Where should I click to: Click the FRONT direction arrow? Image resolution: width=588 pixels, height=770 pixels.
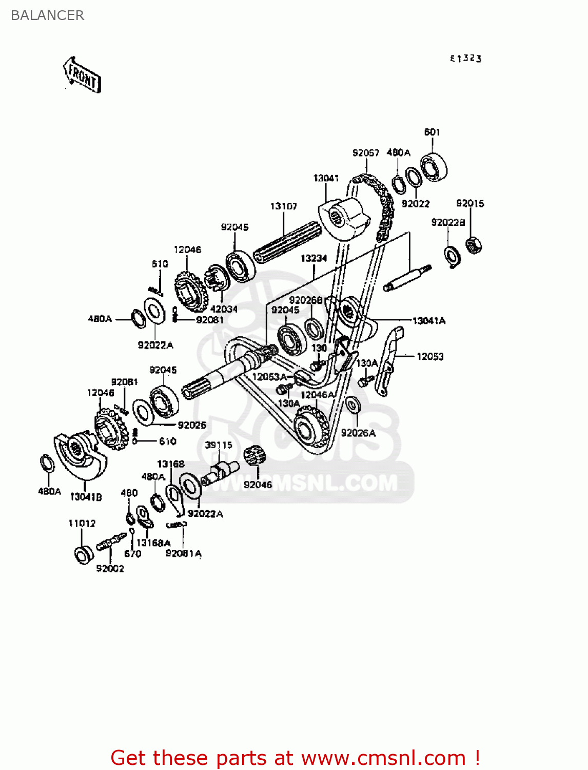(x=82, y=75)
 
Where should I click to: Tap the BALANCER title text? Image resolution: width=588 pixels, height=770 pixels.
(x=47, y=15)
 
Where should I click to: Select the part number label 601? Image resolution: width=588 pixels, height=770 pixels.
(x=432, y=132)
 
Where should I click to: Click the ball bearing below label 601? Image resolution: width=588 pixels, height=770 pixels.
(x=434, y=166)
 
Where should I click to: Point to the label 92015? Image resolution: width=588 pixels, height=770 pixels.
(x=470, y=203)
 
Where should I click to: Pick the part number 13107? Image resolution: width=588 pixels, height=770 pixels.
(x=284, y=206)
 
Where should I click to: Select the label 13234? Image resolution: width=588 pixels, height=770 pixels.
(x=314, y=258)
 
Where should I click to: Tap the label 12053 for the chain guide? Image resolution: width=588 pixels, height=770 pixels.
(x=430, y=356)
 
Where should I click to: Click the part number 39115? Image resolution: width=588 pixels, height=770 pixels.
(x=219, y=445)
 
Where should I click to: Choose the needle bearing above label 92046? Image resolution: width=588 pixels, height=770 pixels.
(x=254, y=455)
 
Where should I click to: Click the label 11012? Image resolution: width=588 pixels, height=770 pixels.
(x=82, y=524)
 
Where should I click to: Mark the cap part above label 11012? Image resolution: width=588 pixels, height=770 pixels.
(x=83, y=555)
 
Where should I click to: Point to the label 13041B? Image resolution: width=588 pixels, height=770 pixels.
(x=86, y=497)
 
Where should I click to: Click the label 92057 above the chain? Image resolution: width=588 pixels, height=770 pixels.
(x=366, y=152)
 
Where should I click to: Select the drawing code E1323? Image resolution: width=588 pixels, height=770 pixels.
(x=466, y=59)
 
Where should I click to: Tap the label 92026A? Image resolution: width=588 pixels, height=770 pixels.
(x=358, y=433)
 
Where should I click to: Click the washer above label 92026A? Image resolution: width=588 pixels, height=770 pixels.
(x=352, y=405)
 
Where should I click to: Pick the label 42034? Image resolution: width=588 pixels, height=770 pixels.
(x=224, y=309)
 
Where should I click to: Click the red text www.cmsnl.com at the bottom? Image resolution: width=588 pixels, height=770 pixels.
(x=383, y=758)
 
